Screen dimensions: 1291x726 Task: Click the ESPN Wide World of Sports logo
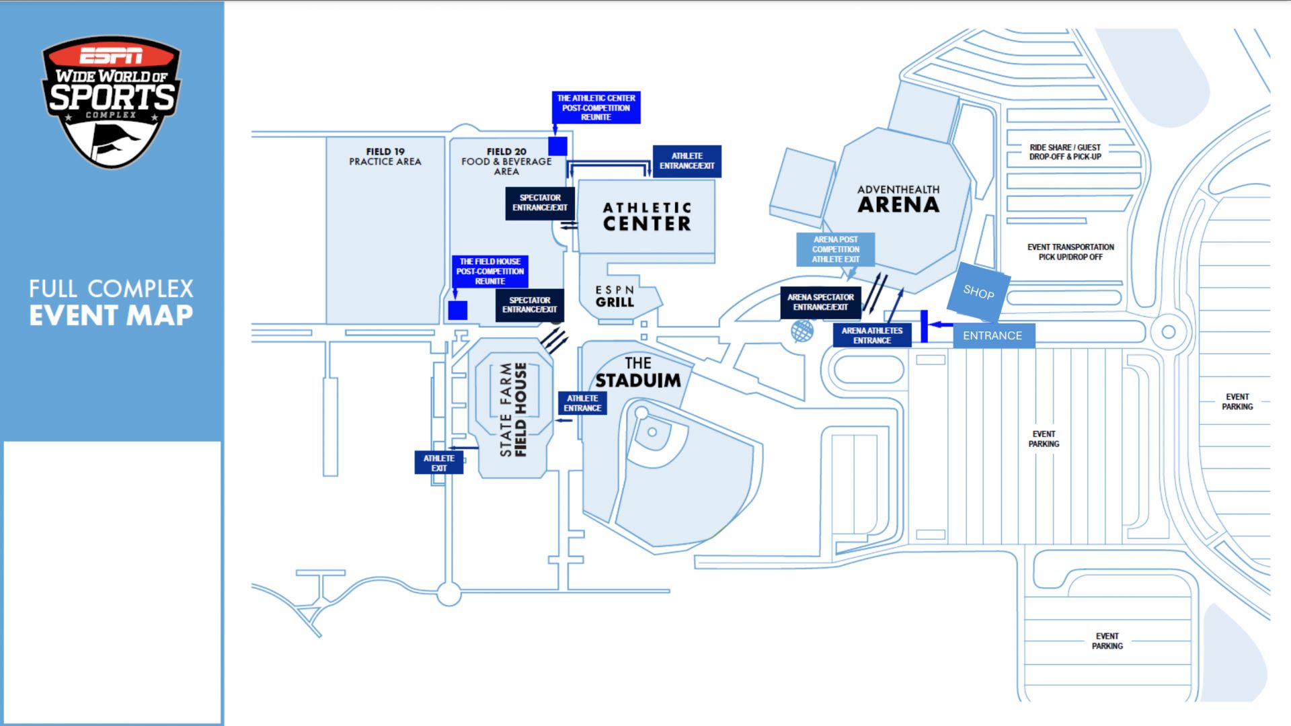click(112, 101)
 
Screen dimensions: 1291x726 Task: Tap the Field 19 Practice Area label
click(385, 157)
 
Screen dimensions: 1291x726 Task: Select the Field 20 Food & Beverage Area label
click(506, 161)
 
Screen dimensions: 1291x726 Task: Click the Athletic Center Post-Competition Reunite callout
click(596, 108)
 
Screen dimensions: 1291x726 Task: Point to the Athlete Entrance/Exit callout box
click(687, 161)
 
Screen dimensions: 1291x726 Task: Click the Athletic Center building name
click(646, 216)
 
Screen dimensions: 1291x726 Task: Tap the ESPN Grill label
click(615, 296)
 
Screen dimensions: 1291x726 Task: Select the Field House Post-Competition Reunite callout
click(490, 271)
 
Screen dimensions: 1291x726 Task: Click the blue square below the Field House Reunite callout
click(458, 311)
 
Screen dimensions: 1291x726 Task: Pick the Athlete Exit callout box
click(438, 462)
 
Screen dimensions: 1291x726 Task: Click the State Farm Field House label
click(514, 409)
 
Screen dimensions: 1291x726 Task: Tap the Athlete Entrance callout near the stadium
click(582, 403)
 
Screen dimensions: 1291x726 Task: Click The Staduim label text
click(637, 373)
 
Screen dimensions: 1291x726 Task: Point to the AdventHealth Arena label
click(898, 199)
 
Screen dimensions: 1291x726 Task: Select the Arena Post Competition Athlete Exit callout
click(835, 249)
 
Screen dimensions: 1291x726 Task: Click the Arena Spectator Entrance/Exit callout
click(820, 302)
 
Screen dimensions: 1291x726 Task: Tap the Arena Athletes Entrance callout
click(872, 335)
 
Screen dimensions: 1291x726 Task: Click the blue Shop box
click(978, 292)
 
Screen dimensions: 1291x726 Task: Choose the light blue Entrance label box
click(993, 335)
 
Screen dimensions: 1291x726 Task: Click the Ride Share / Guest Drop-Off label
click(1065, 152)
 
